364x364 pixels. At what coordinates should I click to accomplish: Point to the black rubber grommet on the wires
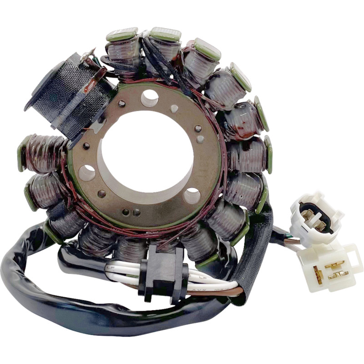(x=163, y=273)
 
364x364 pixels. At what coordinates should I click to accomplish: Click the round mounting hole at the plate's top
(x=149, y=98)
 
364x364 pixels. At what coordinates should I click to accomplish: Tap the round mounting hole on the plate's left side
(x=86, y=173)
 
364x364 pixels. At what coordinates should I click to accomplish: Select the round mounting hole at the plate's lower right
(x=192, y=196)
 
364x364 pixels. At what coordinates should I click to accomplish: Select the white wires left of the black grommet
(x=121, y=268)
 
